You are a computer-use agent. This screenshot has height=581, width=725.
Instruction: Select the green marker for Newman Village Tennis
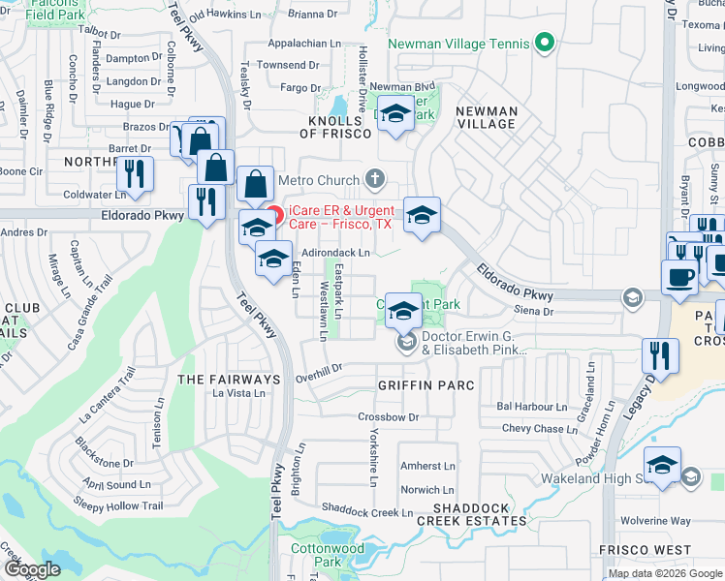coord(545,44)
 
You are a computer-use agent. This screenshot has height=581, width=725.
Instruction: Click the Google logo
coord(32,569)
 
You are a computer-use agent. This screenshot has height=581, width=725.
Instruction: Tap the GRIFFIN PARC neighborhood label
coord(426,385)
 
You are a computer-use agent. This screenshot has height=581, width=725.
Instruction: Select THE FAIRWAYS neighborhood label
coord(228,380)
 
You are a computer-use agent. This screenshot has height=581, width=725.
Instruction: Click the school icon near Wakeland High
coord(663,466)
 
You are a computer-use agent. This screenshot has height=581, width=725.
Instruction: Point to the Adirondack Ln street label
coord(335,253)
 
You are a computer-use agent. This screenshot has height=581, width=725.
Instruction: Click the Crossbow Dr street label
coord(388,417)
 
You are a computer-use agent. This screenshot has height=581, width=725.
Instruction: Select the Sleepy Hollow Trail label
coord(118,505)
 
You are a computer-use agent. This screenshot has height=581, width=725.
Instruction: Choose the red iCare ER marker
coord(275,215)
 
